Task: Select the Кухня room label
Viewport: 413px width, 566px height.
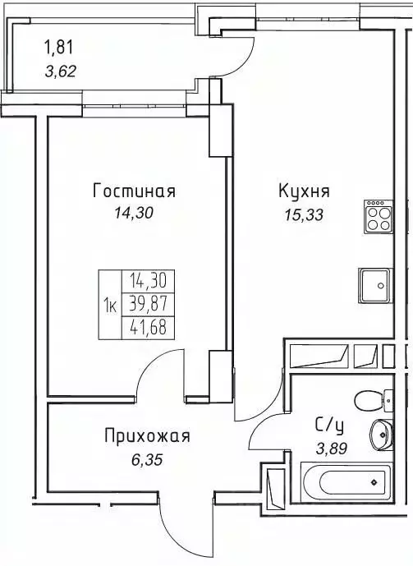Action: [x=304, y=191]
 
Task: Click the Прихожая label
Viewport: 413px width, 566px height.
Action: [x=147, y=436]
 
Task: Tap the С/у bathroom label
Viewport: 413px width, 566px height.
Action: [x=329, y=425]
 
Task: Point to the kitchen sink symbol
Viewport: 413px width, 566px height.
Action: [x=375, y=285]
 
